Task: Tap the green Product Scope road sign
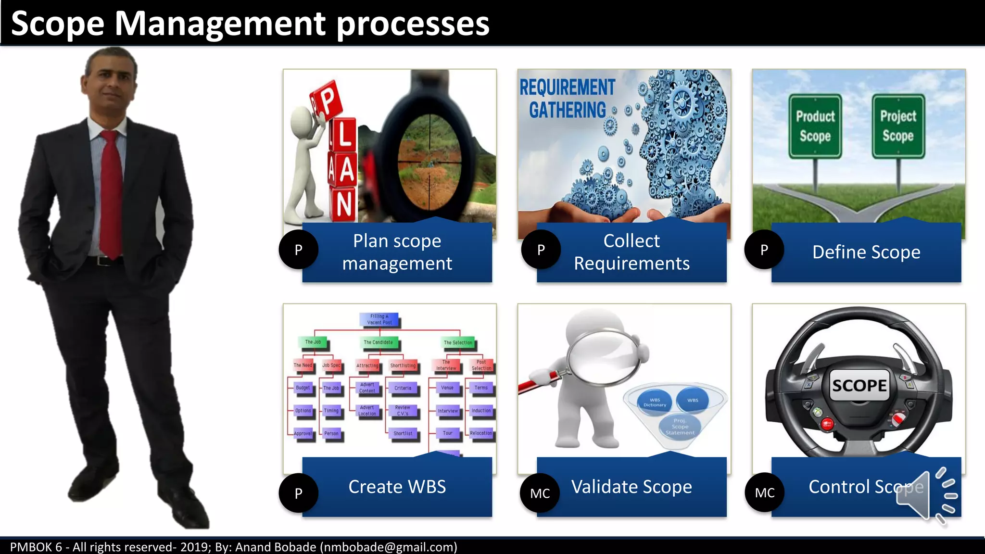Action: click(x=815, y=126)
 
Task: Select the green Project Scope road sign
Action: click(x=898, y=126)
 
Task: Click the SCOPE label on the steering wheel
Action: click(x=859, y=385)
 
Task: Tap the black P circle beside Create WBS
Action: click(x=298, y=493)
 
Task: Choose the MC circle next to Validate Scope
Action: click(x=540, y=493)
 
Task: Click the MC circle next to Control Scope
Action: click(x=764, y=492)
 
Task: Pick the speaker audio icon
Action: click(x=926, y=495)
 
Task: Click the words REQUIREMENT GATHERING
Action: click(x=568, y=99)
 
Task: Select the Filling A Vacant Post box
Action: click(x=379, y=319)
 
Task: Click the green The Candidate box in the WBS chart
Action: click(x=378, y=342)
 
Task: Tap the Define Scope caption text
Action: click(x=866, y=252)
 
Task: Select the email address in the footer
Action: click(x=389, y=547)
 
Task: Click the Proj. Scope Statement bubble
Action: click(x=680, y=427)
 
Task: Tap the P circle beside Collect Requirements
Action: click(x=541, y=250)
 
